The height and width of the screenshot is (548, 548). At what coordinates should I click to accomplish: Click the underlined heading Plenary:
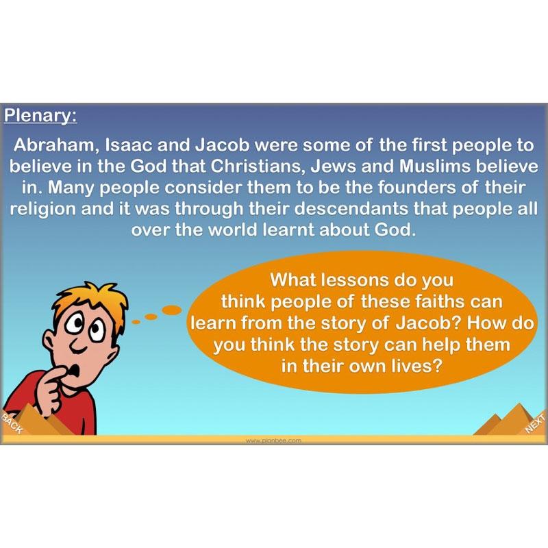(x=41, y=114)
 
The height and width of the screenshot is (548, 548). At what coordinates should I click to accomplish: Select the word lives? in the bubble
(x=408, y=365)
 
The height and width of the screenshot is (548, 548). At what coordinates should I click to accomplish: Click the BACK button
(x=12, y=424)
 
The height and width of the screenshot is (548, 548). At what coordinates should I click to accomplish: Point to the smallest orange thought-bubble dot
(x=135, y=321)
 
